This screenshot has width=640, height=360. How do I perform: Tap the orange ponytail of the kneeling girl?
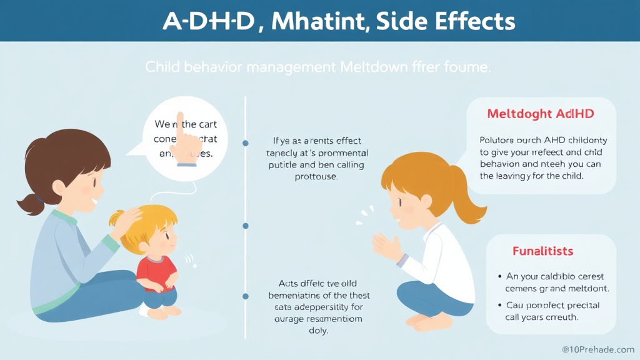coord(468,197)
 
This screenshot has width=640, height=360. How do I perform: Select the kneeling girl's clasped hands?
coord(386,245)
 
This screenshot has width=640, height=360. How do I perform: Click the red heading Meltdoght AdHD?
coord(540,114)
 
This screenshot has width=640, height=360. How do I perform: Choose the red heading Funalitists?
coord(542,251)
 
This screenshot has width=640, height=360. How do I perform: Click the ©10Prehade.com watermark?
coord(597,349)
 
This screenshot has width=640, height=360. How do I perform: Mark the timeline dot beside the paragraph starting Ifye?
coord(245,143)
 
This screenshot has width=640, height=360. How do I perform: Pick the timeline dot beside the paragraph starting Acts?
coord(245,296)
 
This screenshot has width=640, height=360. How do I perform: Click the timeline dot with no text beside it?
coord(245,226)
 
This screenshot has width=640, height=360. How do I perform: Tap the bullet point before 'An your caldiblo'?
coord(501,276)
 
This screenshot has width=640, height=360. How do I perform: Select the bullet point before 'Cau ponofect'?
coord(501,305)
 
